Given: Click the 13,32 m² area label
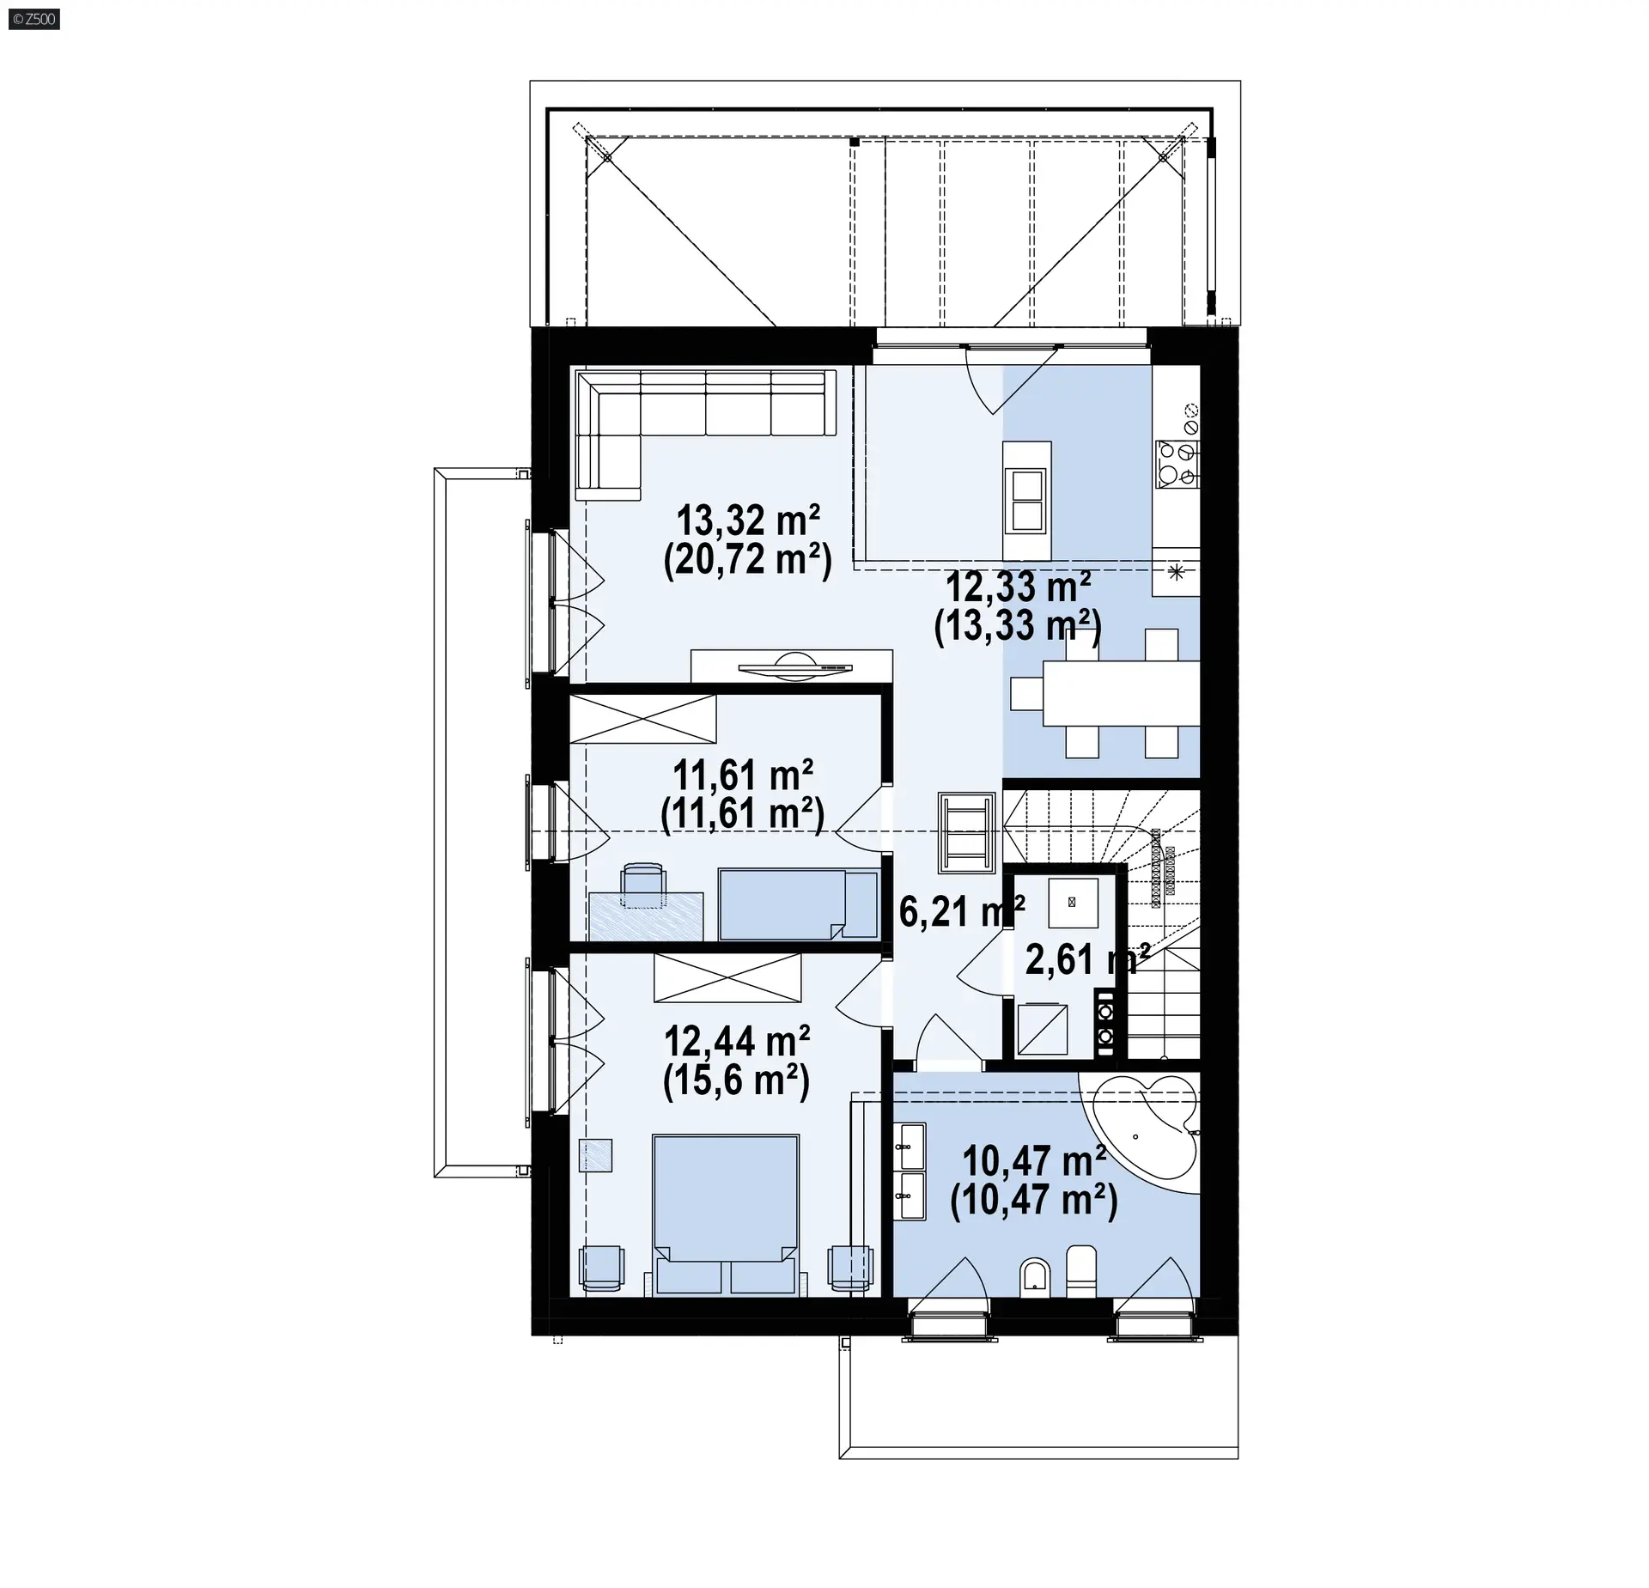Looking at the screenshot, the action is [748, 520].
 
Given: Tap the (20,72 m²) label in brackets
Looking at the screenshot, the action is [748, 561].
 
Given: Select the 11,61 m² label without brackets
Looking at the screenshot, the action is [743, 776].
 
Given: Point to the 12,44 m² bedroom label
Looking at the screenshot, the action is [737, 1041].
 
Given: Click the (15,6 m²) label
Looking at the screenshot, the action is [737, 1080].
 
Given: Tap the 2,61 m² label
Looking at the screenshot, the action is [1087, 959].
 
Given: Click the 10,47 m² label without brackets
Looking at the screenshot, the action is [1034, 1161].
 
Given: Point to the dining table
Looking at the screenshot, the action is [1121, 693].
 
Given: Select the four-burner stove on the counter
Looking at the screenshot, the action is [1177, 464].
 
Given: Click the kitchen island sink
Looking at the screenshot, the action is [1027, 502].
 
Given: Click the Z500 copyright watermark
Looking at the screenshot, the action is [33, 18].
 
